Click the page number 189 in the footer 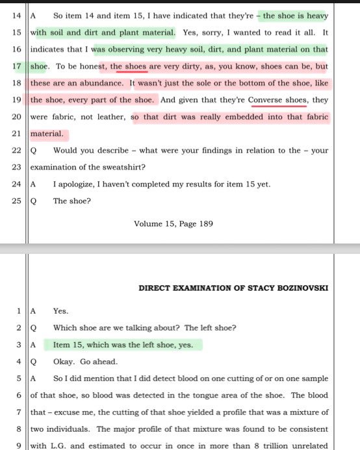click(205, 223)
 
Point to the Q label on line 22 click(34, 150)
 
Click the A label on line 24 click(34, 184)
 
